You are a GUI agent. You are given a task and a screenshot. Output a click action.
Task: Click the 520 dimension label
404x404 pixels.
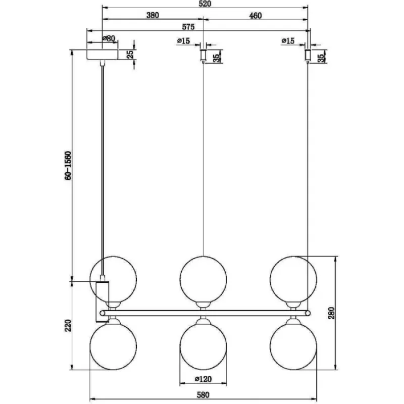[x=205, y=4]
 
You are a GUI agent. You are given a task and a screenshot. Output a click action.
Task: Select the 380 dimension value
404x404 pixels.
[x=153, y=15]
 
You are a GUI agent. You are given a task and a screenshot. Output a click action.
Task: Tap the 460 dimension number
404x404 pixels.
[x=256, y=16]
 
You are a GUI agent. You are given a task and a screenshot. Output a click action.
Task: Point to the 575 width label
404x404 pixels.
[x=188, y=27]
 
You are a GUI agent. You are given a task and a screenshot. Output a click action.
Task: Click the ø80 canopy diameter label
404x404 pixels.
[x=109, y=39]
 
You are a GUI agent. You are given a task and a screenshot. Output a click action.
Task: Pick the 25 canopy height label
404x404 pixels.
[x=130, y=55]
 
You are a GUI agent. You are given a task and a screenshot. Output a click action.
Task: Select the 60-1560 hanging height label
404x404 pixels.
[x=68, y=166]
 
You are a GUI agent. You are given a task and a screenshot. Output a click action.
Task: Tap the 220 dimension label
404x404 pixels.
[x=68, y=325]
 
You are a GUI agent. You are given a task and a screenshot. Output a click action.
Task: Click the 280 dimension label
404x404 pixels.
[x=331, y=313]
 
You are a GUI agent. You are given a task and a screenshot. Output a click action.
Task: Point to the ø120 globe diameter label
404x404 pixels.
[x=204, y=379]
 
